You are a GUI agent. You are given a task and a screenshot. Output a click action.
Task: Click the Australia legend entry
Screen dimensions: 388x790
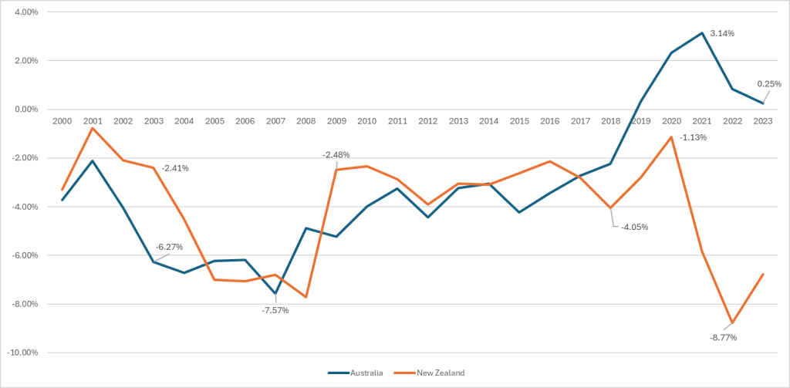356,373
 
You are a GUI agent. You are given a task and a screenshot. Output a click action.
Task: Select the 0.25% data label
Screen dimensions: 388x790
768,84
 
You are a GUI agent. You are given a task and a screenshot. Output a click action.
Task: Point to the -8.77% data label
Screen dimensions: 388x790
723,337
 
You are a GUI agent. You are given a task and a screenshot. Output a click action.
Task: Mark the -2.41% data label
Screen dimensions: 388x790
174,167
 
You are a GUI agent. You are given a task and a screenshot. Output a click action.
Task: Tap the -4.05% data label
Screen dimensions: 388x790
634,228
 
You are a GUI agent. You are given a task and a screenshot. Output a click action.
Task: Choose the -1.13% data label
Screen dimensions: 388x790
693,137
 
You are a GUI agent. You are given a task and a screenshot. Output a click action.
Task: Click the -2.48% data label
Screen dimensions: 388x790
336,155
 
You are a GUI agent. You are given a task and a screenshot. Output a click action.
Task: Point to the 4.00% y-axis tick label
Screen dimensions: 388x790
27,12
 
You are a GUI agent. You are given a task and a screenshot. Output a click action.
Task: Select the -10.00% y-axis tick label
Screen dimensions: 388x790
24,353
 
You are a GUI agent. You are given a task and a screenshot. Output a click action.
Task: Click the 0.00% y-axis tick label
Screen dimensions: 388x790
27,110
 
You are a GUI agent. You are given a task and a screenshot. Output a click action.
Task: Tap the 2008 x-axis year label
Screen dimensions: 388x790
306,121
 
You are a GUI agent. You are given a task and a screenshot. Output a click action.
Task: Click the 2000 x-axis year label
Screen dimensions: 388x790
62,121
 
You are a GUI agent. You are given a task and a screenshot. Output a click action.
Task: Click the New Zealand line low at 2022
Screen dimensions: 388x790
731,322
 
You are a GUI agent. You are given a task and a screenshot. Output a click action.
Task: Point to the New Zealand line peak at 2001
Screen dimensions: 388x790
93,128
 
